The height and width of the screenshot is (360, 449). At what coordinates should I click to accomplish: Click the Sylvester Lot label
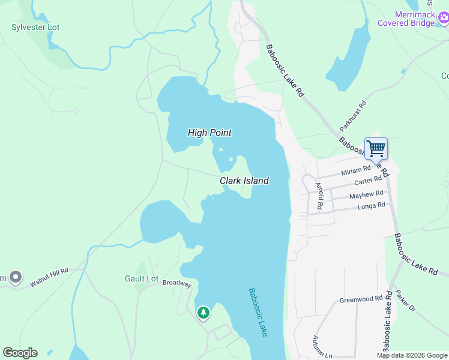35,28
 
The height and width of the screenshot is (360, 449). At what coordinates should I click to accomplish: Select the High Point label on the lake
209,133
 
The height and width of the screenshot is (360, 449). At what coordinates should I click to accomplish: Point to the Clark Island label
244,181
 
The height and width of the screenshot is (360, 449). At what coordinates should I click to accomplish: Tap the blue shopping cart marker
376,148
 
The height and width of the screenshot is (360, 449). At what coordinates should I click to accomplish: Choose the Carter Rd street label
367,181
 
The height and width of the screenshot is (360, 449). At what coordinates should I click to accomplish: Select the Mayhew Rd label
366,194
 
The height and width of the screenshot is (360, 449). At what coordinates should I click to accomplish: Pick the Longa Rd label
371,206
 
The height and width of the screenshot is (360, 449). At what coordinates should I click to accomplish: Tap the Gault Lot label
141,278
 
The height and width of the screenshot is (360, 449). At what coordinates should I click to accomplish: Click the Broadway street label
176,284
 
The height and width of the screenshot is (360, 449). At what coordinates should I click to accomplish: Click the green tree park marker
203,312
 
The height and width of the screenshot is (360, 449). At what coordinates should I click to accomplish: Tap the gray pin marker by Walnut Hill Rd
16,278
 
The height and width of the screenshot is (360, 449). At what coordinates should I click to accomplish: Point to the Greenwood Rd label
361,299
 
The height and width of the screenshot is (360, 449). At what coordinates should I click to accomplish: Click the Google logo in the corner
20,353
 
